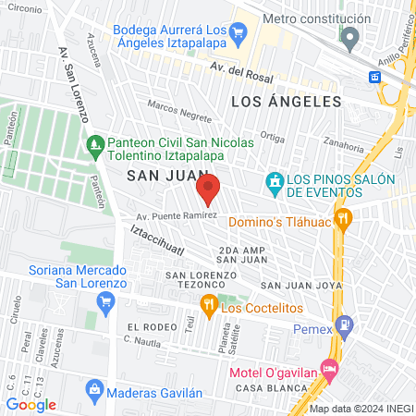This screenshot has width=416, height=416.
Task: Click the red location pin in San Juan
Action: [x=208, y=189]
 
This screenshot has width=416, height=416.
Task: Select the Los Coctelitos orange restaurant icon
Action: [x=209, y=306]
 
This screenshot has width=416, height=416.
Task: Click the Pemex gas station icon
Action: [x=345, y=325]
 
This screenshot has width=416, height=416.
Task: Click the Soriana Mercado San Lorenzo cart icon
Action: [x=105, y=300]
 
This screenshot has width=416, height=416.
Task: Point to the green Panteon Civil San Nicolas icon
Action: [x=94, y=143]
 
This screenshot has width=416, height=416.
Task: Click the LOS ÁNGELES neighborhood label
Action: [x=286, y=102]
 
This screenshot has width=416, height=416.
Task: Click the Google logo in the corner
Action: [x=31, y=404]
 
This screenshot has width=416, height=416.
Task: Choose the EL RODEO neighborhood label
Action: [x=151, y=328]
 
